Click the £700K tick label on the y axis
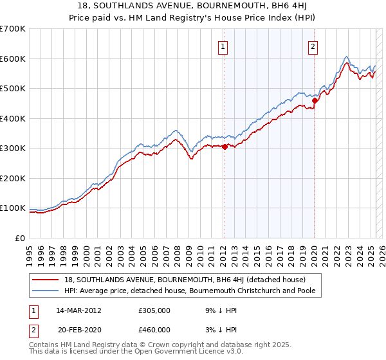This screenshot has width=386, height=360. point(13,29)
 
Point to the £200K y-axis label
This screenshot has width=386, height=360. point(13,178)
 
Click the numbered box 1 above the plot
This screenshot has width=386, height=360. point(223,46)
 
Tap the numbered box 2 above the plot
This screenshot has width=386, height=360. point(313,46)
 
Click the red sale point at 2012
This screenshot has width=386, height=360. point(225,147)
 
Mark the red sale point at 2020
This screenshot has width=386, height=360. point(315,100)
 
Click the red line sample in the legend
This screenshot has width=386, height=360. point(46,280)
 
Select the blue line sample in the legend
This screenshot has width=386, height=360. point(46,291)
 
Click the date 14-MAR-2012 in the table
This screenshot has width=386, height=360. point(78,310)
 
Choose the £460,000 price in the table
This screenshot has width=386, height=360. point(154,329)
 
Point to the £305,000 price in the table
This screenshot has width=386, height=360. point(154,310)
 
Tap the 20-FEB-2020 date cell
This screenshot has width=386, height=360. point(79,329)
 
